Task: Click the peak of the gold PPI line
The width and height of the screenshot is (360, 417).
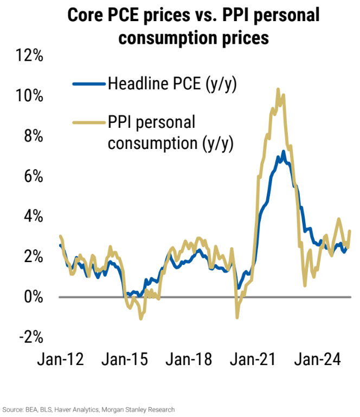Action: click(x=278, y=89)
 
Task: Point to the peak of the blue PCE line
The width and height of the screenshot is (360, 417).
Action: click(x=283, y=151)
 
